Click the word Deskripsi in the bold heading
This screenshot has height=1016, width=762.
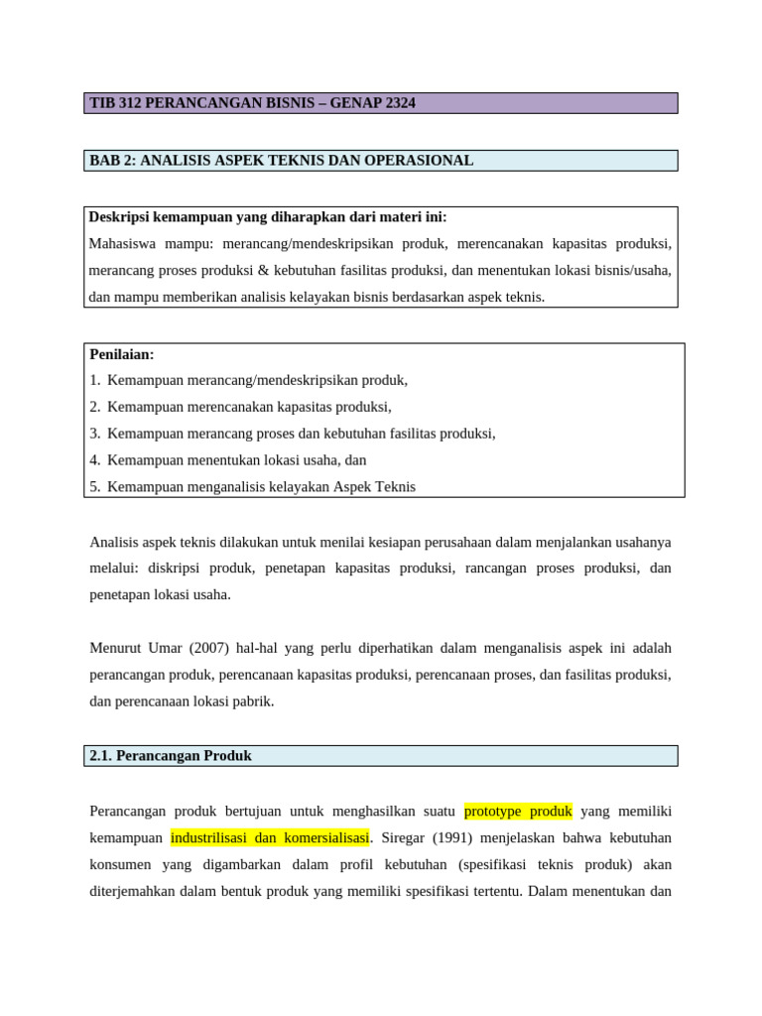point(120,216)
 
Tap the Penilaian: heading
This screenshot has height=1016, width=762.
point(122,354)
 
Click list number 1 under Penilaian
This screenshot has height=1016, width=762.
point(94,380)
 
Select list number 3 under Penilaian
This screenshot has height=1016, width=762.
point(94,434)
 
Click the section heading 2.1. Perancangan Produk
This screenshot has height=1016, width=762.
point(171,756)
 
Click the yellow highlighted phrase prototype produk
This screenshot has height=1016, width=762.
point(518,811)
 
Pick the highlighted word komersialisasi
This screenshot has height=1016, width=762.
point(324,837)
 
